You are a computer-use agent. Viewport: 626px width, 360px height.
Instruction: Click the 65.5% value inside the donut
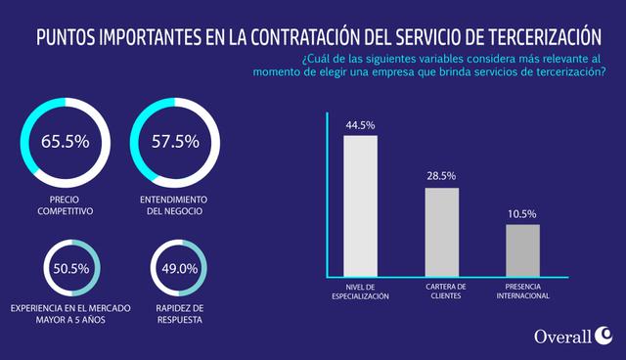(66, 141)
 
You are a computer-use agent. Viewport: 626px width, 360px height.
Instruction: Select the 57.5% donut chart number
(176, 141)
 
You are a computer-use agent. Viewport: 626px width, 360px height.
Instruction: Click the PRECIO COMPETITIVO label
(65, 204)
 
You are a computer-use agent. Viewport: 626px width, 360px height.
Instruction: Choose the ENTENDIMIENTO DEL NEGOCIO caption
(176, 204)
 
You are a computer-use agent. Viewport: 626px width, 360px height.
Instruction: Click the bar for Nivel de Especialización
(360, 205)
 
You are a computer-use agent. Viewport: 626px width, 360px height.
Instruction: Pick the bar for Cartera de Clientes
(441, 231)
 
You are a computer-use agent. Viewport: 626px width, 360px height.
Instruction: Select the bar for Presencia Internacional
(522, 249)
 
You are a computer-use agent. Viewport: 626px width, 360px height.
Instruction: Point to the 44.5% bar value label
(360, 125)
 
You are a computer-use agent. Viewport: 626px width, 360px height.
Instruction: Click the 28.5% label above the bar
(441, 177)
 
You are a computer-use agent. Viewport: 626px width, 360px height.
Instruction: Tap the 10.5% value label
(522, 214)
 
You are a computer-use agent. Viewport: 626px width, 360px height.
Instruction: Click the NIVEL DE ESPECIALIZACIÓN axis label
(361, 292)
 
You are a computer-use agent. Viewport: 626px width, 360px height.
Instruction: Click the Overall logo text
(562, 337)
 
